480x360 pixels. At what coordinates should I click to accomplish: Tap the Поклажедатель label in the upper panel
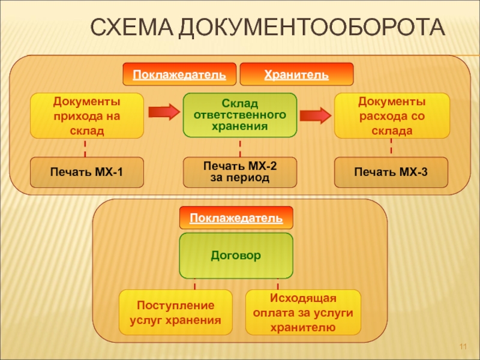coord(179,75)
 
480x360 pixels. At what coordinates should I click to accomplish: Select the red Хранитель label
coord(296,75)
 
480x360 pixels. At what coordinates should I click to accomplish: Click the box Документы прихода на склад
coord(87,115)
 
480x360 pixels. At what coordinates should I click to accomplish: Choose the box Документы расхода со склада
coord(391,115)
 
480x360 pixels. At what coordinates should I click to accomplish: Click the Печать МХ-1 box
coord(87,172)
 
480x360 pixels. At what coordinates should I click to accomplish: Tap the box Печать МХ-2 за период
coord(240,172)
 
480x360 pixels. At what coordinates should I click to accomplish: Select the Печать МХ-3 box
coord(391,172)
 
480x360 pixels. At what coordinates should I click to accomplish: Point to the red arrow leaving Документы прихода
coord(163,112)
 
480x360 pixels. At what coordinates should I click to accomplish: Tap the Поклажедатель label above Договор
coord(236,218)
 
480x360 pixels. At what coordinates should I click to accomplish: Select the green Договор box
coord(236,255)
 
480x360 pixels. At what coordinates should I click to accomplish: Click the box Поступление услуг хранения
coord(175,313)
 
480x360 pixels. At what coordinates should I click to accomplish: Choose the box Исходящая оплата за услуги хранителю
coord(303,313)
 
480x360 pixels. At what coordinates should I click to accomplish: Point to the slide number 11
coord(463,349)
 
